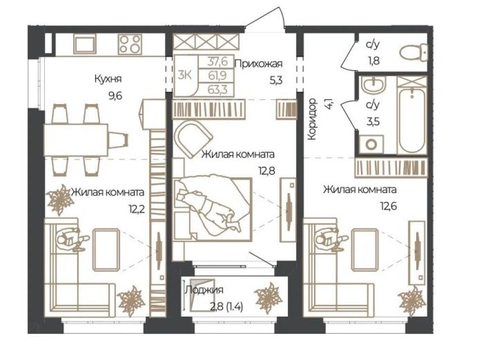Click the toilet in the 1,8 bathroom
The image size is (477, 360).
click(x=413, y=52)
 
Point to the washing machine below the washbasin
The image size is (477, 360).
click(x=371, y=145)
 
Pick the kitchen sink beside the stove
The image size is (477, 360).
click(x=85, y=44)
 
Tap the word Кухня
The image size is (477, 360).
click(x=108, y=79)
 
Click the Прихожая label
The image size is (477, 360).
click(x=259, y=64)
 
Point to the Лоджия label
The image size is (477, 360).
click(x=204, y=290)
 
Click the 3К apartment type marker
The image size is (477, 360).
click(x=185, y=75)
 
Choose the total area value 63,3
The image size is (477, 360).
click(x=217, y=90)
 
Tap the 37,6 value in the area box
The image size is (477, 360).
click(x=217, y=62)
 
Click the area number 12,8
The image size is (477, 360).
click(x=267, y=171)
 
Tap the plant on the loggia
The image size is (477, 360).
click(x=268, y=298)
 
